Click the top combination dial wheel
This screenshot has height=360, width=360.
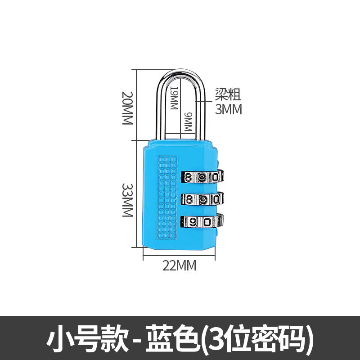click(202, 177)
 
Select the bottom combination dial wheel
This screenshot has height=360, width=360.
click(202, 221)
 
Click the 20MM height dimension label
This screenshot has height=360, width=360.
click(128, 108)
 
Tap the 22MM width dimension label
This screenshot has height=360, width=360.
click(180, 266)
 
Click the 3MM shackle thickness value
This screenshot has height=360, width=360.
click(228, 109)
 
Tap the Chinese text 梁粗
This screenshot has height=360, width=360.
click(228, 94)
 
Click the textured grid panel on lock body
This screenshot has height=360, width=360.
click(167, 196)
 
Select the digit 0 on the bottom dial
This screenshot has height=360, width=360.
click(207, 222)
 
